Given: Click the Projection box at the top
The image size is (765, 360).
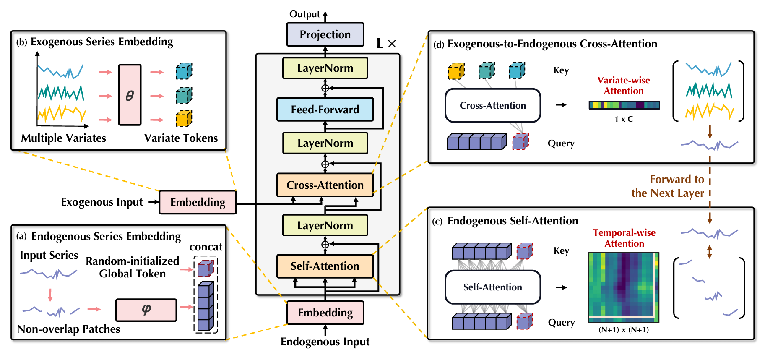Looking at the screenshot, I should coord(325,34).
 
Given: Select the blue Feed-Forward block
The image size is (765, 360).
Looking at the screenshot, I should coord(325,110).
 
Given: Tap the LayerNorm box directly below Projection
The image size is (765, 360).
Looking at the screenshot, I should coord(325,68).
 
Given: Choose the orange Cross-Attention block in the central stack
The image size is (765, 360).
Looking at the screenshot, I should coord(325,185).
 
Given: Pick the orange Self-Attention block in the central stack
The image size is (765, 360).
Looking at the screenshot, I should coord(325,266).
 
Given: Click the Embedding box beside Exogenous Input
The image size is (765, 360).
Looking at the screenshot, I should coord(198,202).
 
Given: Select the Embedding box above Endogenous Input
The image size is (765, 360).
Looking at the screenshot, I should coord(325,313).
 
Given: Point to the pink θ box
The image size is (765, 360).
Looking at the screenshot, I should coord(130,95).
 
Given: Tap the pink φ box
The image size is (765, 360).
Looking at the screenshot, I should coord(146,310).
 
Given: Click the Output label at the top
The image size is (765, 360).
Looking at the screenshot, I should coord(304,14).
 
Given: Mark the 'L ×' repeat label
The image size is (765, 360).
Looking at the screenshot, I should coord(386,43).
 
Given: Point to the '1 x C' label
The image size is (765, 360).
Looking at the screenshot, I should coord(624,119).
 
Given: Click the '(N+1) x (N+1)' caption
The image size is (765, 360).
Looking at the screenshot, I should coord(624,330).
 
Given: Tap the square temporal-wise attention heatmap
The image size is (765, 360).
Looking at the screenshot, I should coord(624,287).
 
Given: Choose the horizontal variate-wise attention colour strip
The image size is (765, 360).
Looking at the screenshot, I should coord(624,105).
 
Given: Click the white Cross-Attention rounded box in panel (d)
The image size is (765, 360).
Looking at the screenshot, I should coord(493,105).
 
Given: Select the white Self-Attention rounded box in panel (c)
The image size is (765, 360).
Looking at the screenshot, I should coord(493,287).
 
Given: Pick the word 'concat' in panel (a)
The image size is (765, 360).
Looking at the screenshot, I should coord(206,247).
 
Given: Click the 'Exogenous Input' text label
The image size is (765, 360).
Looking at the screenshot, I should coord(102,202).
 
